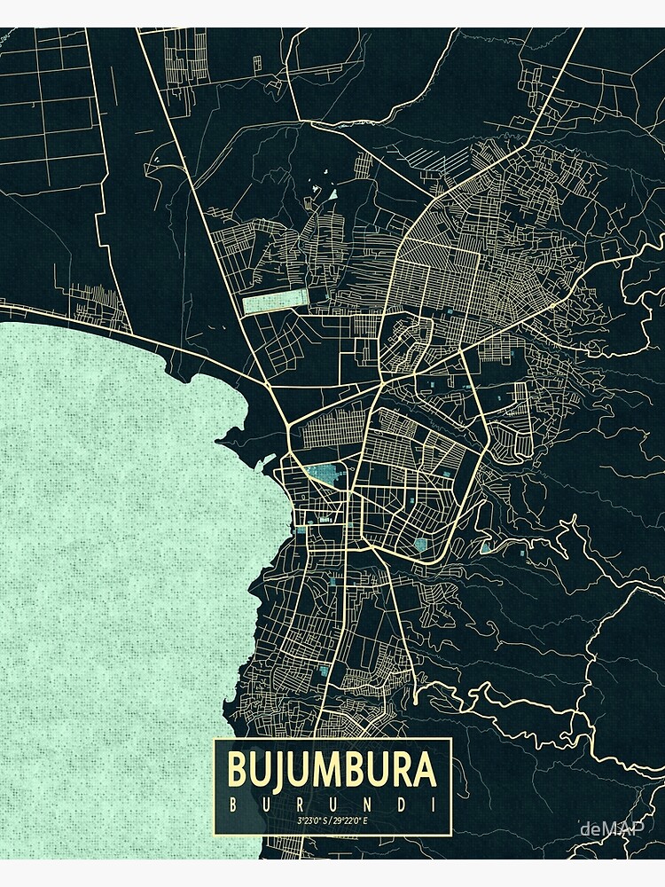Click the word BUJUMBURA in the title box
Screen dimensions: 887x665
(332, 769)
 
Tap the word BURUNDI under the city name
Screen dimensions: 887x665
(332, 805)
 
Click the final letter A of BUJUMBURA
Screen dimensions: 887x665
(425, 769)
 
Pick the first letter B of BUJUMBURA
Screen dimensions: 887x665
(239, 769)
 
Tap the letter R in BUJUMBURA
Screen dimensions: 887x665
(400, 769)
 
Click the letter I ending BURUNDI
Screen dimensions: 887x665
(432, 805)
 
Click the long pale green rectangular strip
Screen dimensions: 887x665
(275, 302)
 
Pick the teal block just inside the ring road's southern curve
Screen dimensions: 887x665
(420, 541)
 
